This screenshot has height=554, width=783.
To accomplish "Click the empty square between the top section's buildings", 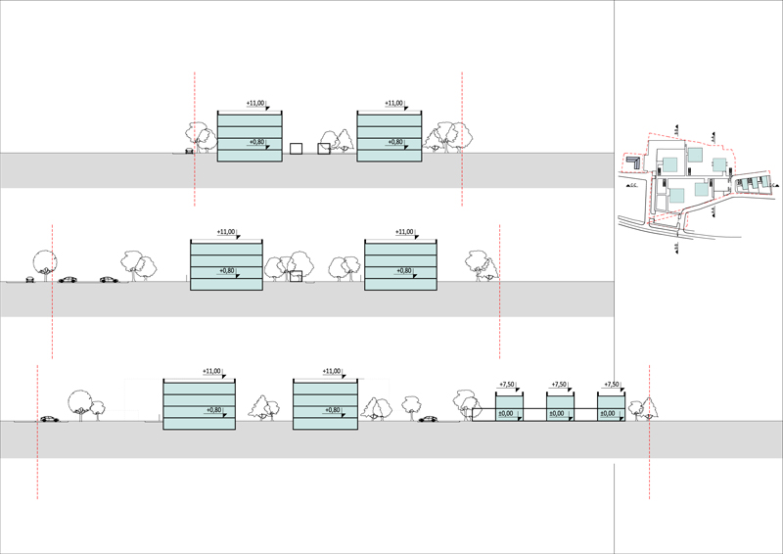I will pos(295,149).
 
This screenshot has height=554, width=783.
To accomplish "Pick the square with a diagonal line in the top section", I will pos(324,149).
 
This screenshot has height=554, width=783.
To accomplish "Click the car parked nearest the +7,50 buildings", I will pos(428,419).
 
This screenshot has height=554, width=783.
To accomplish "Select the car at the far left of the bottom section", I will pos(48,419).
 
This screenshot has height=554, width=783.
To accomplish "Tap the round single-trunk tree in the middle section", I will pos(43,262).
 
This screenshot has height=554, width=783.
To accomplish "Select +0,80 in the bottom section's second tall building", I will pos(334,410).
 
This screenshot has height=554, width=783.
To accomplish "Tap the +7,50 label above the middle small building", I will pos(560,386).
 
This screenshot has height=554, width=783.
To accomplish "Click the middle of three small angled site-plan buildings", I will pos(751,183).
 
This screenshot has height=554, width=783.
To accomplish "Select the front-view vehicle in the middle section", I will pos(29,279).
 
